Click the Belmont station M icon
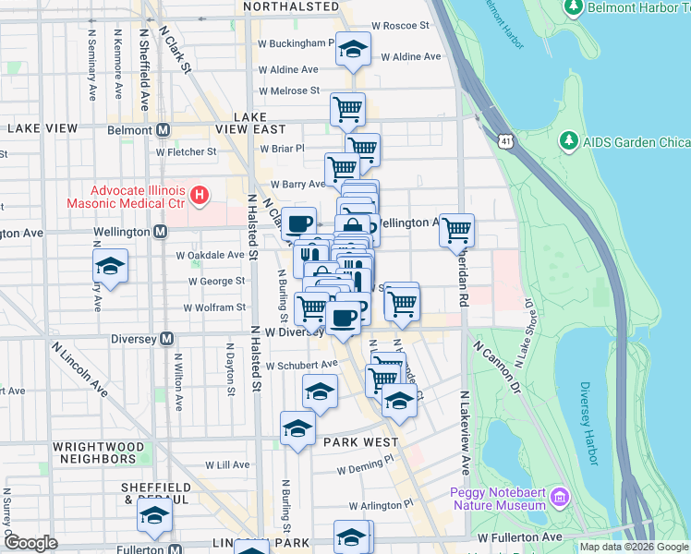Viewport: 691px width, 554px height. coord(163,130)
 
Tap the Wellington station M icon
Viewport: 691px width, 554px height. coord(161,232)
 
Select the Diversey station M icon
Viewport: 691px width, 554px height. coord(166,338)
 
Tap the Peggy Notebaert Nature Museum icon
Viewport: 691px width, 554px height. coord(559,500)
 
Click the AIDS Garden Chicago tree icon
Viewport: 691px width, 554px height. coord(568,142)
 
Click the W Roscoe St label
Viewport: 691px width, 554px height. coord(400,26)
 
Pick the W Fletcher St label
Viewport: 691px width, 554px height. coord(186,151)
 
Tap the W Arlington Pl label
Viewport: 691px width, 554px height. coord(382,506)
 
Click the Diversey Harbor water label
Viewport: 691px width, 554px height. coord(591,424)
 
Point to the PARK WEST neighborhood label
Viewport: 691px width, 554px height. coord(360,442)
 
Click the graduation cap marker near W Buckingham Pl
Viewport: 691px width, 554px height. coord(352,50)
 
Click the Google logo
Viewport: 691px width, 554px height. coord(30,543)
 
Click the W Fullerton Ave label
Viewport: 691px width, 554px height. coord(519,536)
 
